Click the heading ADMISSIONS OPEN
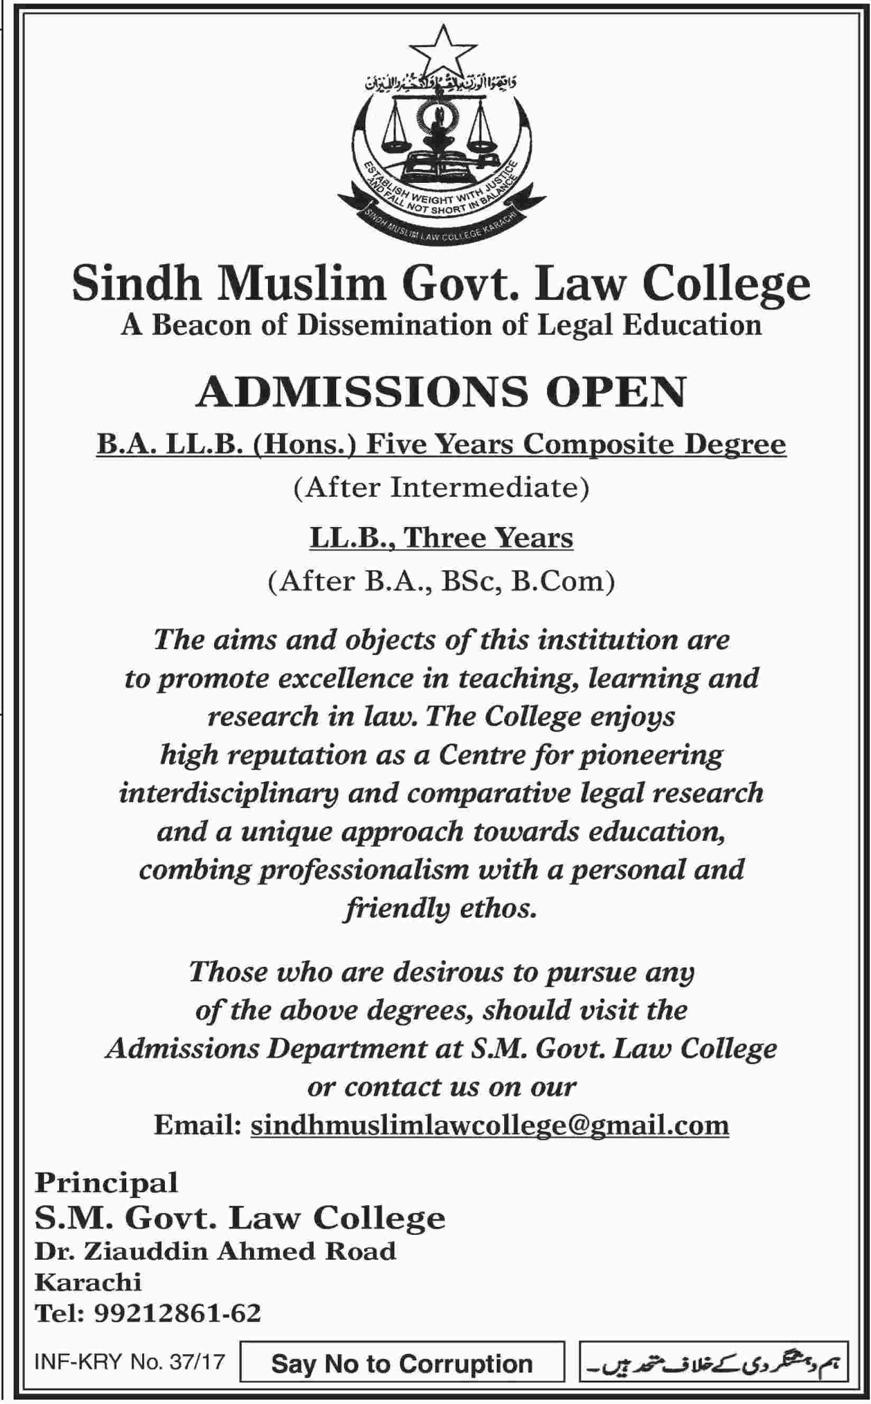(441, 392)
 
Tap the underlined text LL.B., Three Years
(441, 538)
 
